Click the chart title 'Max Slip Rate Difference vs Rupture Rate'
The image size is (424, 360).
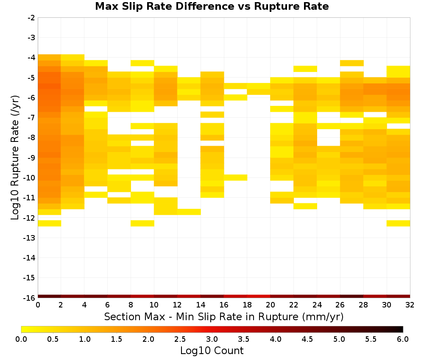[212, 6]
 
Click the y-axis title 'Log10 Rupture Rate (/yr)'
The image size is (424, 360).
[15, 158]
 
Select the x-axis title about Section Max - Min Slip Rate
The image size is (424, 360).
[223, 316]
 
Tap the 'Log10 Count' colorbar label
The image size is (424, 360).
[212, 351]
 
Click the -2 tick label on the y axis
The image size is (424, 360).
[31, 18]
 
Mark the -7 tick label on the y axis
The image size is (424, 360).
[31, 118]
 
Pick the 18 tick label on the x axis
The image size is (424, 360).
[247, 305]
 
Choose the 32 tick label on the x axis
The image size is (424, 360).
[410, 305]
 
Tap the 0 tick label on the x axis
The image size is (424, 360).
[38, 305]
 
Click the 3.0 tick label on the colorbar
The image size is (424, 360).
[212, 339]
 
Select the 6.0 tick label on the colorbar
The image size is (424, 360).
[403, 339]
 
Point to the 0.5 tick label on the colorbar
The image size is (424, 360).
[53, 339]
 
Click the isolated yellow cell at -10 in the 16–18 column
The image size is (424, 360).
[235, 177]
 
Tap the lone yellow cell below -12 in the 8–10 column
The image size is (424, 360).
[142, 223]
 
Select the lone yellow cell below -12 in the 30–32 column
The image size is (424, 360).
[398, 223]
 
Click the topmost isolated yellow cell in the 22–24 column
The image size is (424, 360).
[305, 69]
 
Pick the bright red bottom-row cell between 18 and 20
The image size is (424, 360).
[259, 296]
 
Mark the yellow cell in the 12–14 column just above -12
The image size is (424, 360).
[189, 212]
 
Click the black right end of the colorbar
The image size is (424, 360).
[401, 329]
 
